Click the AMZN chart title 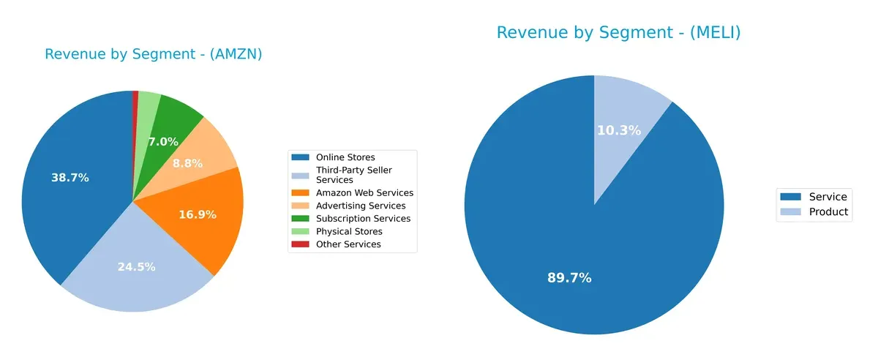pyautogui.click(x=153, y=54)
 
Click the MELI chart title pyautogui.click(x=618, y=33)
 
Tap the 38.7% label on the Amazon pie pyautogui.click(x=70, y=178)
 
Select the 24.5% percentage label pyautogui.click(x=136, y=267)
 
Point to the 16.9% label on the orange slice pyautogui.click(x=198, y=214)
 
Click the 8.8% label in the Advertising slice pyautogui.click(x=187, y=163)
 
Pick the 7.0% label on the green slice pyautogui.click(x=163, y=142)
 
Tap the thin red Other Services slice pyautogui.click(x=135, y=102)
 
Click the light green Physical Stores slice pyautogui.click(x=149, y=102)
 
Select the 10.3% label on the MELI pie pyautogui.click(x=619, y=130)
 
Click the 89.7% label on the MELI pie pyautogui.click(x=569, y=278)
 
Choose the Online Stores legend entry pyautogui.click(x=345, y=157)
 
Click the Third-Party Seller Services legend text pyautogui.click(x=353, y=175)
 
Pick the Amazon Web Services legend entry pyautogui.click(x=364, y=193)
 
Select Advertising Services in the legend pyautogui.click(x=361, y=206)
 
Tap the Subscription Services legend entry pyautogui.click(x=363, y=219)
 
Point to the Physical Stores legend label pyautogui.click(x=349, y=231)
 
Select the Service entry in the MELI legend pyautogui.click(x=828, y=197)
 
